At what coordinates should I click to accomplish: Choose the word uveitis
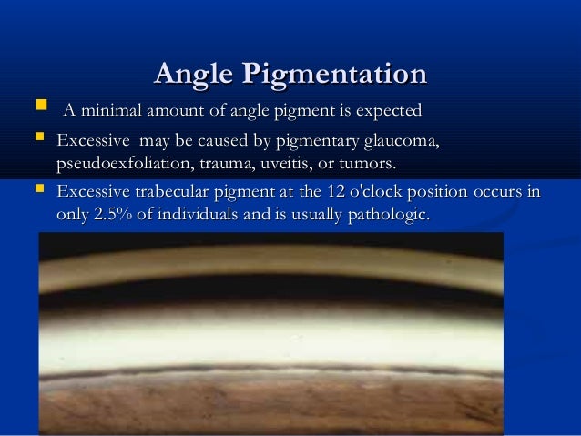point(286,165)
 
